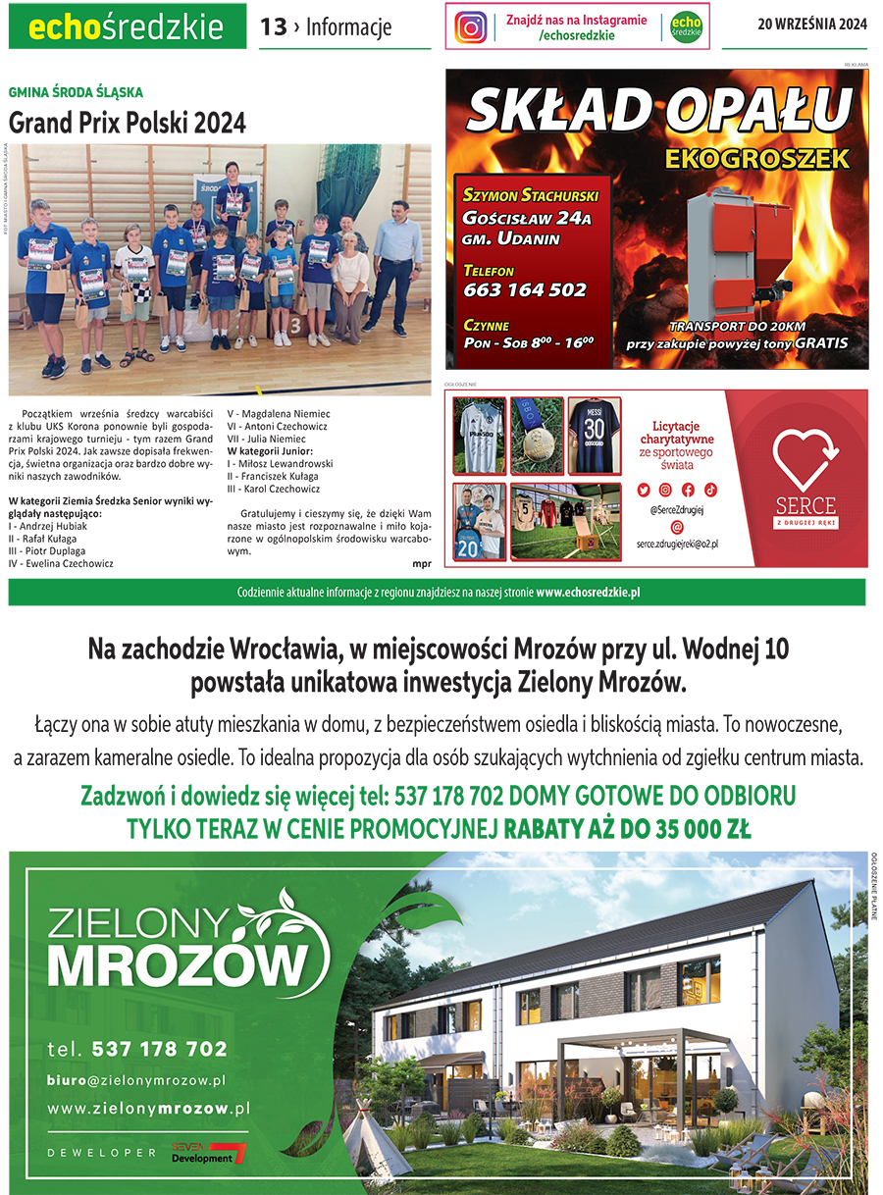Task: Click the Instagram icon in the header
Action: (471, 27)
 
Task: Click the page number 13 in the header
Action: (273, 27)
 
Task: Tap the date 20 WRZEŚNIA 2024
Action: (812, 26)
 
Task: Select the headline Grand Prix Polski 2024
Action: (128, 124)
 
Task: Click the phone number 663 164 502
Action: (525, 290)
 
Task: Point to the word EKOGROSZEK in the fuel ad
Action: (755, 158)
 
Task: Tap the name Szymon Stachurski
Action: (530, 195)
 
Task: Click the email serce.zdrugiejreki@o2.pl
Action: (677, 544)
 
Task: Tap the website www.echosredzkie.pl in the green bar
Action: (588, 593)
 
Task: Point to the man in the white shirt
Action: (392, 263)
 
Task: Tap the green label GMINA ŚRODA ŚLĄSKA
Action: (76, 92)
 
